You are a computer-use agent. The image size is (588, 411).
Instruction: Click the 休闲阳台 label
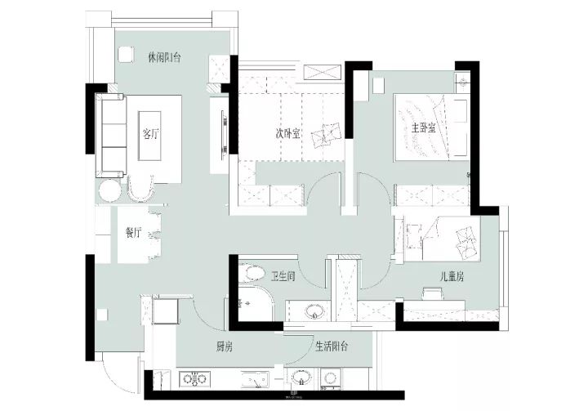pos(164,58)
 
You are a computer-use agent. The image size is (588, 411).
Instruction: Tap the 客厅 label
pos(150,134)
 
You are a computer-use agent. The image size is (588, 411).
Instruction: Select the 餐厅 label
pos(133,233)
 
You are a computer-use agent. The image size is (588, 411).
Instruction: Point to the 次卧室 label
pos(287,134)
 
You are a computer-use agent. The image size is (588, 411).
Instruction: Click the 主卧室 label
pos(424,128)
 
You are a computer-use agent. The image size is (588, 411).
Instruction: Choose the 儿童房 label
pos(452,277)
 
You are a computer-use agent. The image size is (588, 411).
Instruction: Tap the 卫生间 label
pos(283,277)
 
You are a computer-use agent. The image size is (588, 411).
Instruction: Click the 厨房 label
pos(224,346)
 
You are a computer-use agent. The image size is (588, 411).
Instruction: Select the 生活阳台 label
pos(332,346)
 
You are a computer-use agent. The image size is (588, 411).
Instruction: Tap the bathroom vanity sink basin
pos(314,311)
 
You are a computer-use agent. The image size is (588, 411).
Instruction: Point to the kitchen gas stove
pos(194,379)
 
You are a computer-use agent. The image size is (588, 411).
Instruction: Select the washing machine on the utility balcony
pos(331,378)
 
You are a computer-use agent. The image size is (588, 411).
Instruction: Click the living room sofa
pos(111,136)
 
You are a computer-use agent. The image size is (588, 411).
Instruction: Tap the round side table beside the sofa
pos(109,191)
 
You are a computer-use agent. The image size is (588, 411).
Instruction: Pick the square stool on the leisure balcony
pos(125,54)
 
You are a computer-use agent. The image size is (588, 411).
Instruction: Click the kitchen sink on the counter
pos(256,379)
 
